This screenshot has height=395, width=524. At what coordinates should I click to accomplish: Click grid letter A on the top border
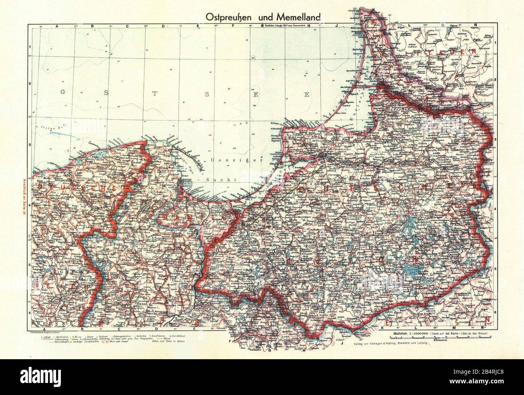(56, 26)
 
